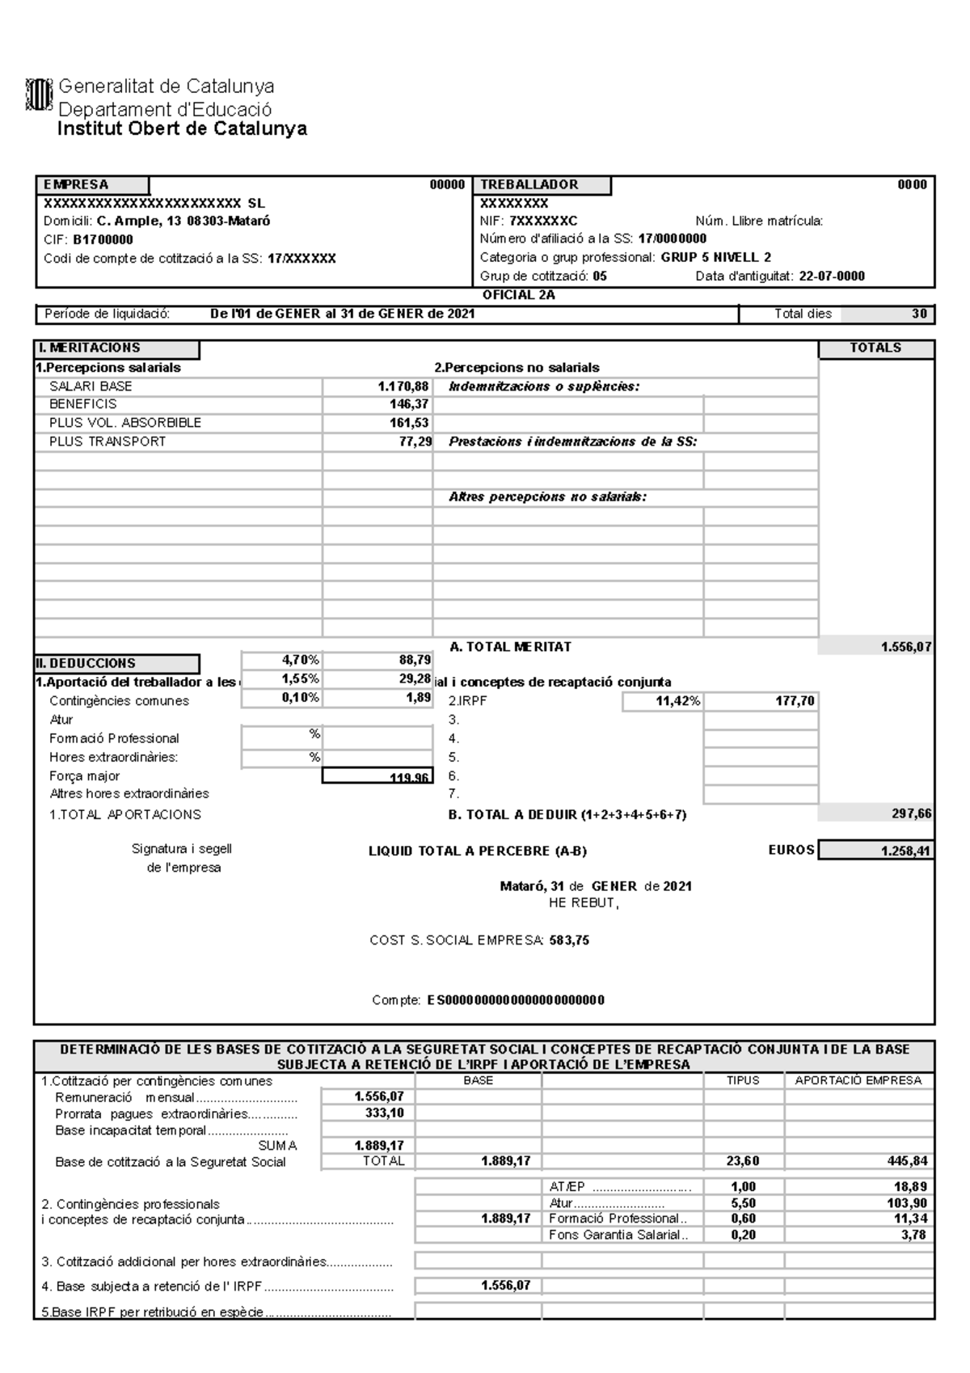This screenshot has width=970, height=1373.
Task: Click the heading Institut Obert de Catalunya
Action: coord(182,129)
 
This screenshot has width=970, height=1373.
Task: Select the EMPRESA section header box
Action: coord(92,185)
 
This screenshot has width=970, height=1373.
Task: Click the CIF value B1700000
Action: coord(103,240)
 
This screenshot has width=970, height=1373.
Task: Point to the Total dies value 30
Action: coord(919,315)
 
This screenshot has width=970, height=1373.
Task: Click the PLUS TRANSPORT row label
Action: coord(108,441)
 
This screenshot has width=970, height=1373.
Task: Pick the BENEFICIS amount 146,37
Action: coord(408,404)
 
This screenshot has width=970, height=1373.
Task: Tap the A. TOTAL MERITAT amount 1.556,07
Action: coord(906,648)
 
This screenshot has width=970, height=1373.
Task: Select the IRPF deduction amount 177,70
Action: coord(795,702)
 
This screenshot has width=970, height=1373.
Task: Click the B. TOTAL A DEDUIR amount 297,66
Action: coord(912,815)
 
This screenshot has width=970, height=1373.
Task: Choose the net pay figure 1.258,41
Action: coord(905,851)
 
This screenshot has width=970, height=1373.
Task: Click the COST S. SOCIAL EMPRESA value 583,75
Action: coord(569,941)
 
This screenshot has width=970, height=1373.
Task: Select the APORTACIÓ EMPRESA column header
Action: coord(858,1080)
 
